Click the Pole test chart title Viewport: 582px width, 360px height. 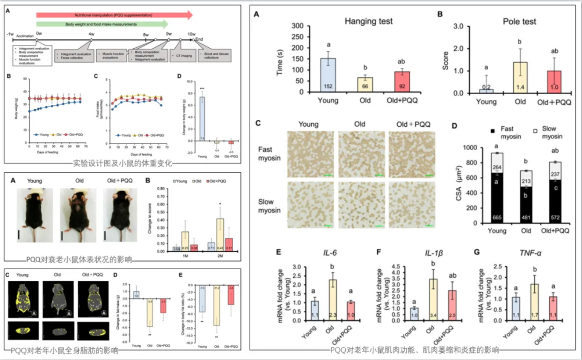click(513, 22)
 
